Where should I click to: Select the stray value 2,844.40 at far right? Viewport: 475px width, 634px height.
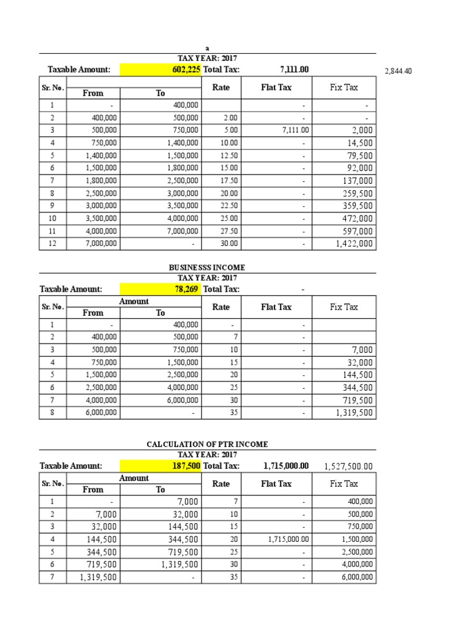pyautogui.click(x=398, y=71)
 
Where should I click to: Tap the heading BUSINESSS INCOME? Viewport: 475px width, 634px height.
pyautogui.click(x=207, y=267)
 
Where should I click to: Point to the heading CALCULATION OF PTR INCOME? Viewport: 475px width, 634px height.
pyautogui.click(x=207, y=444)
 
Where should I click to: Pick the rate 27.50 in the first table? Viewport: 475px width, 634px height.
pyautogui.click(x=229, y=231)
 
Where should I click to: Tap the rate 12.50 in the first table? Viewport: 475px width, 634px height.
pyautogui.click(x=229, y=155)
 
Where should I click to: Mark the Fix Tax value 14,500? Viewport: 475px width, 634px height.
pyautogui.click(x=360, y=142)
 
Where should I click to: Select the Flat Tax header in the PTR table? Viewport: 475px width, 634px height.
pyautogui.click(x=276, y=484)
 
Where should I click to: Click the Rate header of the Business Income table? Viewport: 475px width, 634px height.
pyautogui.click(x=221, y=306)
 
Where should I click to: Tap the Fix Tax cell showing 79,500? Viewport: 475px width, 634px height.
pyautogui.click(x=360, y=155)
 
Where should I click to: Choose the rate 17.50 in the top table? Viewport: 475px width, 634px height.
pyautogui.click(x=229, y=181)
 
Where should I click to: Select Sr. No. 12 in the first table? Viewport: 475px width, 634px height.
pyautogui.click(x=53, y=244)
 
